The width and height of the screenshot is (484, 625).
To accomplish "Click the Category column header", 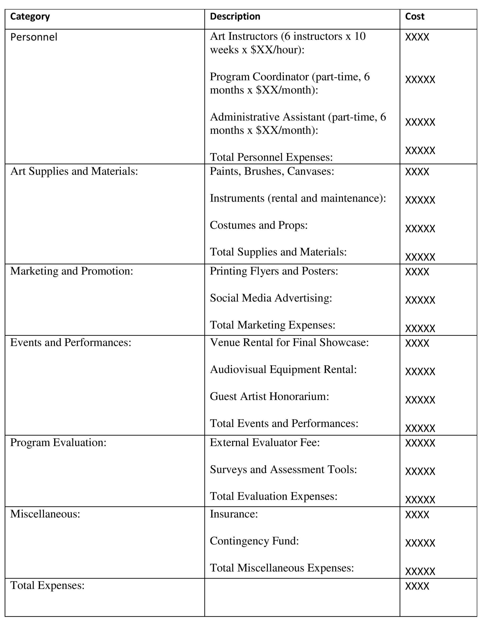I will click(x=30, y=17).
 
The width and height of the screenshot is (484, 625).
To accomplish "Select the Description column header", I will click(x=235, y=17).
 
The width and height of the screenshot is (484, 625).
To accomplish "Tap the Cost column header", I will click(x=414, y=17).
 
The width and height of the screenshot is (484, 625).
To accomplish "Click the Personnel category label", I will click(x=34, y=37).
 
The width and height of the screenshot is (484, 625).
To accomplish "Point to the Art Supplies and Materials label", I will click(x=74, y=171).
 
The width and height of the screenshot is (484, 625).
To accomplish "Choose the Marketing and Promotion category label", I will click(x=72, y=271).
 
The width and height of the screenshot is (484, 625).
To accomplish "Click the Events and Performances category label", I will click(x=71, y=343).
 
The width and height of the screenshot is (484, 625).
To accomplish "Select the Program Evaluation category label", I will click(x=58, y=443).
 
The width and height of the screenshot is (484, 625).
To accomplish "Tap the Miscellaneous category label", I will click(x=45, y=514).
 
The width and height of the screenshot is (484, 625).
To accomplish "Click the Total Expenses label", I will click(x=48, y=586).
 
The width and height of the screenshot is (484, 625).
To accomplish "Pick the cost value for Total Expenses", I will click(x=417, y=586).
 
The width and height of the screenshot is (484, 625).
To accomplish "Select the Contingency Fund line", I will click(x=254, y=541).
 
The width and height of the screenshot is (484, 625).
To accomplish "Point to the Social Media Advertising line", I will click(x=271, y=298).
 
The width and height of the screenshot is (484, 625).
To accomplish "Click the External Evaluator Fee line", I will click(x=265, y=443).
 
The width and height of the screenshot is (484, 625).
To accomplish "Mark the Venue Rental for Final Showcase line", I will click(x=289, y=343).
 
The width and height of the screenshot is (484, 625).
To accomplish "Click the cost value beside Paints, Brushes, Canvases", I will click(x=417, y=172).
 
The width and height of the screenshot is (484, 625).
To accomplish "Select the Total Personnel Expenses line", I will click(x=271, y=157).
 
